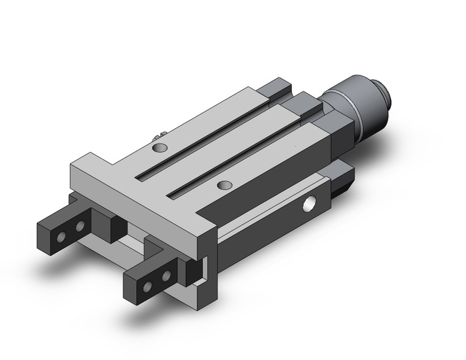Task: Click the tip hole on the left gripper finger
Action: [61, 235]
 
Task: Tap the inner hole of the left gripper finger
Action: [79, 227]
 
